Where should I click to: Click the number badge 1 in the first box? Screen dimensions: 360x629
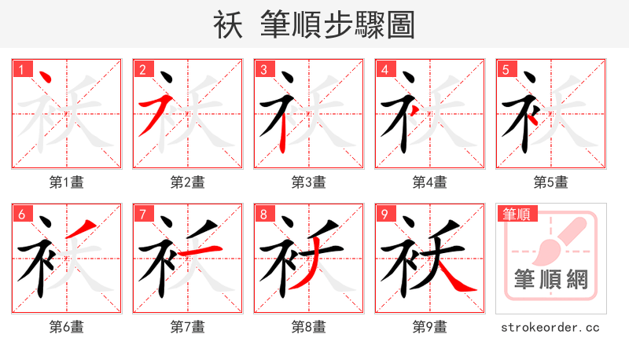click(22, 70)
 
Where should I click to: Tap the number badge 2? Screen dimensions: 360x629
click(143, 70)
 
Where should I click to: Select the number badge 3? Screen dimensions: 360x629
click(264, 70)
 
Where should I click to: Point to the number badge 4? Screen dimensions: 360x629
click(385, 70)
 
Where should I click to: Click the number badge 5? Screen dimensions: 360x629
click(506, 70)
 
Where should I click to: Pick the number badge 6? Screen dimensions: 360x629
click(22, 214)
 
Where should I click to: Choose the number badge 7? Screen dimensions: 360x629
click(143, 214)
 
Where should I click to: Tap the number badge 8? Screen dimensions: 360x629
click(264, 214)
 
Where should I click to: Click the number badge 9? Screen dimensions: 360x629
click(385, 214)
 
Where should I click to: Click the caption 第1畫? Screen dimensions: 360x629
click(66, 182)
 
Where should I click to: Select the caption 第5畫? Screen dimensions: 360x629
click(550, 182)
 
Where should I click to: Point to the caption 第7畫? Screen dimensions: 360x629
click(187, 326)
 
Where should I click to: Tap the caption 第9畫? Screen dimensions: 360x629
click(429, 326)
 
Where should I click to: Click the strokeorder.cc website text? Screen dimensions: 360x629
click(550, 326)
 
